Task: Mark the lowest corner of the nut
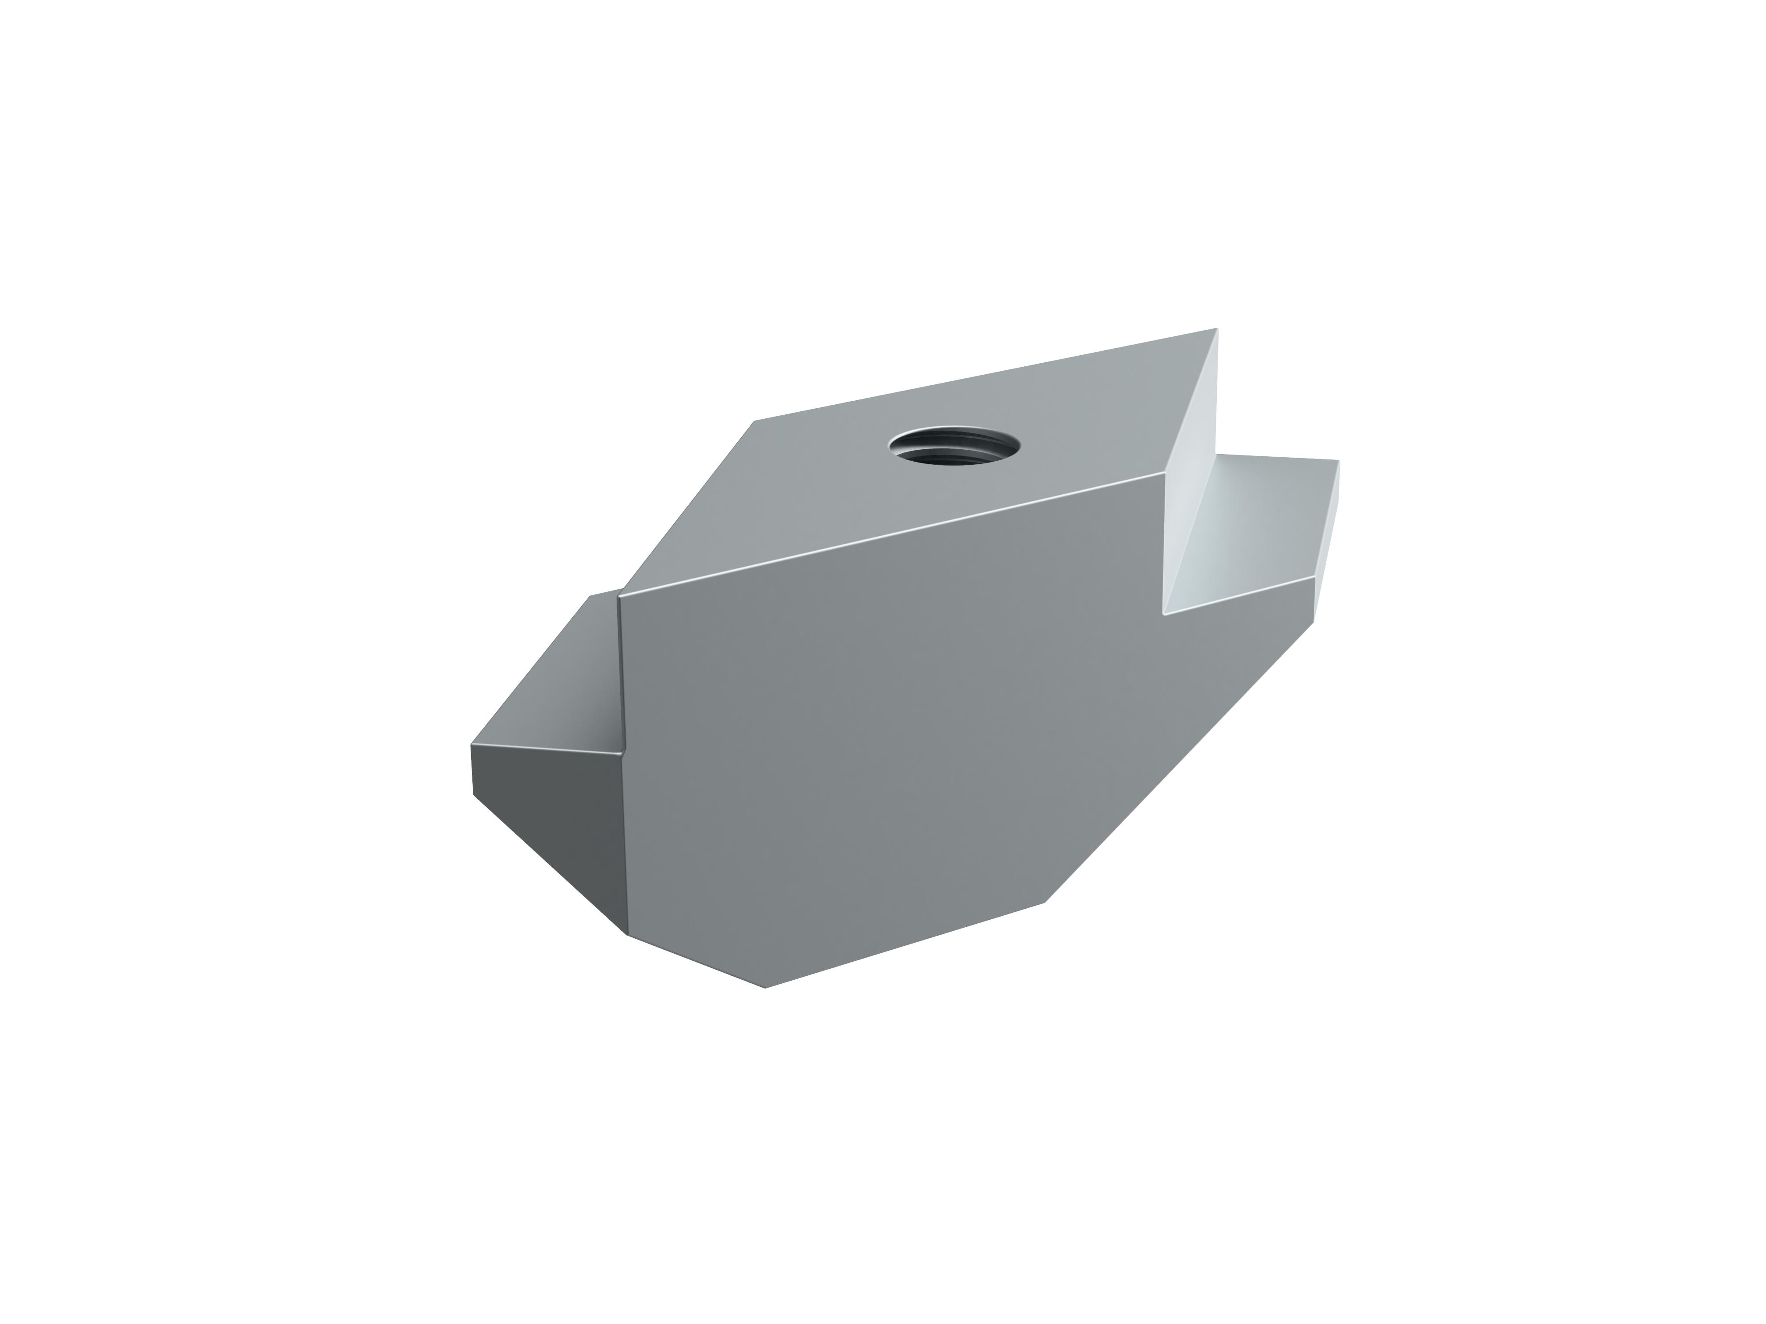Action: click(765, 988)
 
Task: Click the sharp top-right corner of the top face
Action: click(1216, 329)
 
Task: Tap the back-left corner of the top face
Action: click(755, 421)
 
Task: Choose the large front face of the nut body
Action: click(878, 734)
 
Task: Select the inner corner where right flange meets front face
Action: click(1164, 614)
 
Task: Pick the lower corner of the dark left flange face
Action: click(626, 934)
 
